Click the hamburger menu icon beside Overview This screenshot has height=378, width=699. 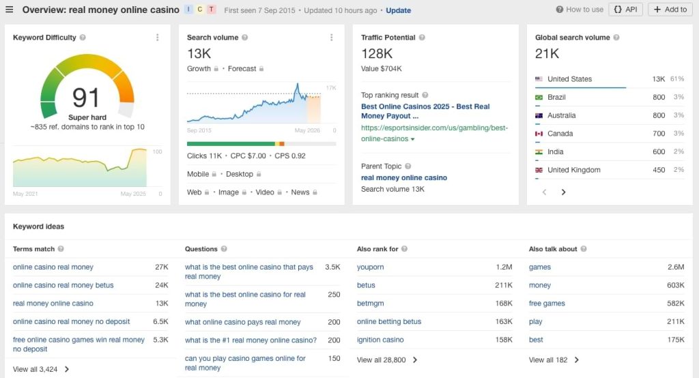point(10,10)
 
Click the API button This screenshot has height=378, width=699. point(625,10)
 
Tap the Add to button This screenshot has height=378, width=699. point(669,10)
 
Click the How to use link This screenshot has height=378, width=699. point(580,10)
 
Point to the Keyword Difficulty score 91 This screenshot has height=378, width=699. point(86,98)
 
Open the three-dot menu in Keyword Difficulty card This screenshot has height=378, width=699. point(158,38)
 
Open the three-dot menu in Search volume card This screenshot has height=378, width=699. point(332,38)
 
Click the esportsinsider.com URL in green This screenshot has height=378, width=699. point(434,133)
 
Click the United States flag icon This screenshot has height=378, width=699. point(539,79)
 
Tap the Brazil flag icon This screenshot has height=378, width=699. point(539,98)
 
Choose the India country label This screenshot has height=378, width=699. point(557,152)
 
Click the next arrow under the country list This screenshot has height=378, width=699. point(564,192)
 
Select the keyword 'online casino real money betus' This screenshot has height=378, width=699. point(63,285)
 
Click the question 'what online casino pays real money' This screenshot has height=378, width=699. point(242,322)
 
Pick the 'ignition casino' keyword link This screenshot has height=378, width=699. point(380,340)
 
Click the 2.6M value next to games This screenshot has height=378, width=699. point(673,267)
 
